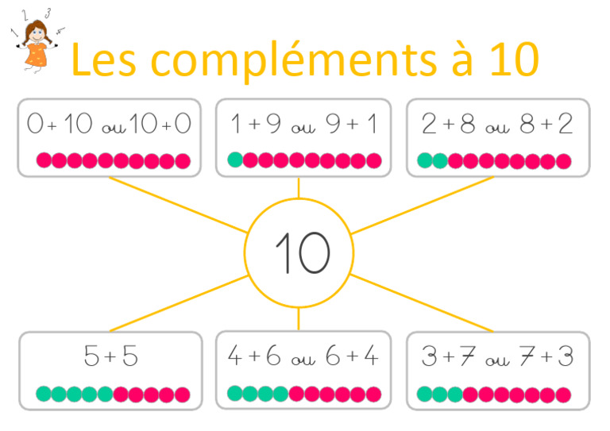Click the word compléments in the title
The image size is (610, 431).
pyautogui.click(x=276, y=59)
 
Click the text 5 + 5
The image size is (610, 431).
pyautogui.click(x=110, y=357)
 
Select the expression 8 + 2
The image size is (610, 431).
pyautogui.click(x=543, y=125)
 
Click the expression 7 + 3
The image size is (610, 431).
pyautogui.click(x=542, y=357)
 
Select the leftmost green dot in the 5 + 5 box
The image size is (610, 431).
pyautogui.click(x=44, y=393)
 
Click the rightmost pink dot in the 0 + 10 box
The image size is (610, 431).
pyautogui.click(x=183, y=161)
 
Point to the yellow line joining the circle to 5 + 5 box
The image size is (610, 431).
pyautogui.click(x=180, y=302)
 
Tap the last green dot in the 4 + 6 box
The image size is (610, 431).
pyautogui.click(x=281, y=392)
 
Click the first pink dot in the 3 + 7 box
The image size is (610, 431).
pyautogui.click(x=470, y=393)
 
